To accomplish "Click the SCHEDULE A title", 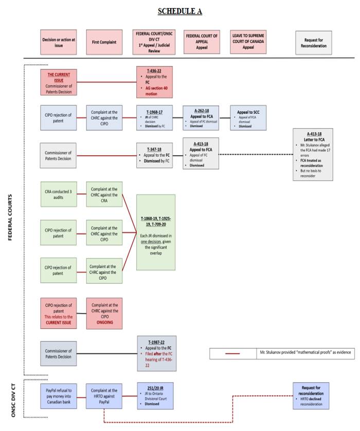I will tap(179, 11).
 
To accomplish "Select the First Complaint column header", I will tap(104, 42).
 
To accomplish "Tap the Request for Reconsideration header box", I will tap(314, 42).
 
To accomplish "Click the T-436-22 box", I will tap(154, 81).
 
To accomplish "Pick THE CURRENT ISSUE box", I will tap(58, 81).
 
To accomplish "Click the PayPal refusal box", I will tap(58, 396).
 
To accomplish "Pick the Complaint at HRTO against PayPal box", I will tap(104, 396).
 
